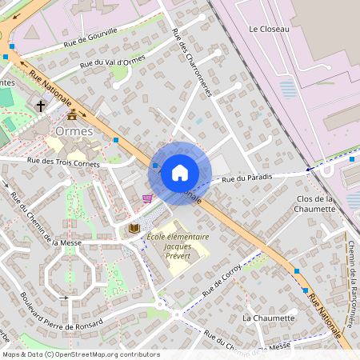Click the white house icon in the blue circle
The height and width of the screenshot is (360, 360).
180,172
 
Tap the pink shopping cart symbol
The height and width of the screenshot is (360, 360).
147,198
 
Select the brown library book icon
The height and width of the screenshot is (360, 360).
134,229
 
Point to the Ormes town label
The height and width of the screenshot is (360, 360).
75,131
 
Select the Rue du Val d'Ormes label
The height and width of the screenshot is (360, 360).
111,65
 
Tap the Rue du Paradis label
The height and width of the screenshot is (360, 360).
247,178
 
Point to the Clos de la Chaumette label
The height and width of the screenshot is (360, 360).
314,203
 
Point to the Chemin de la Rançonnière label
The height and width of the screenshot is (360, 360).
351,285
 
